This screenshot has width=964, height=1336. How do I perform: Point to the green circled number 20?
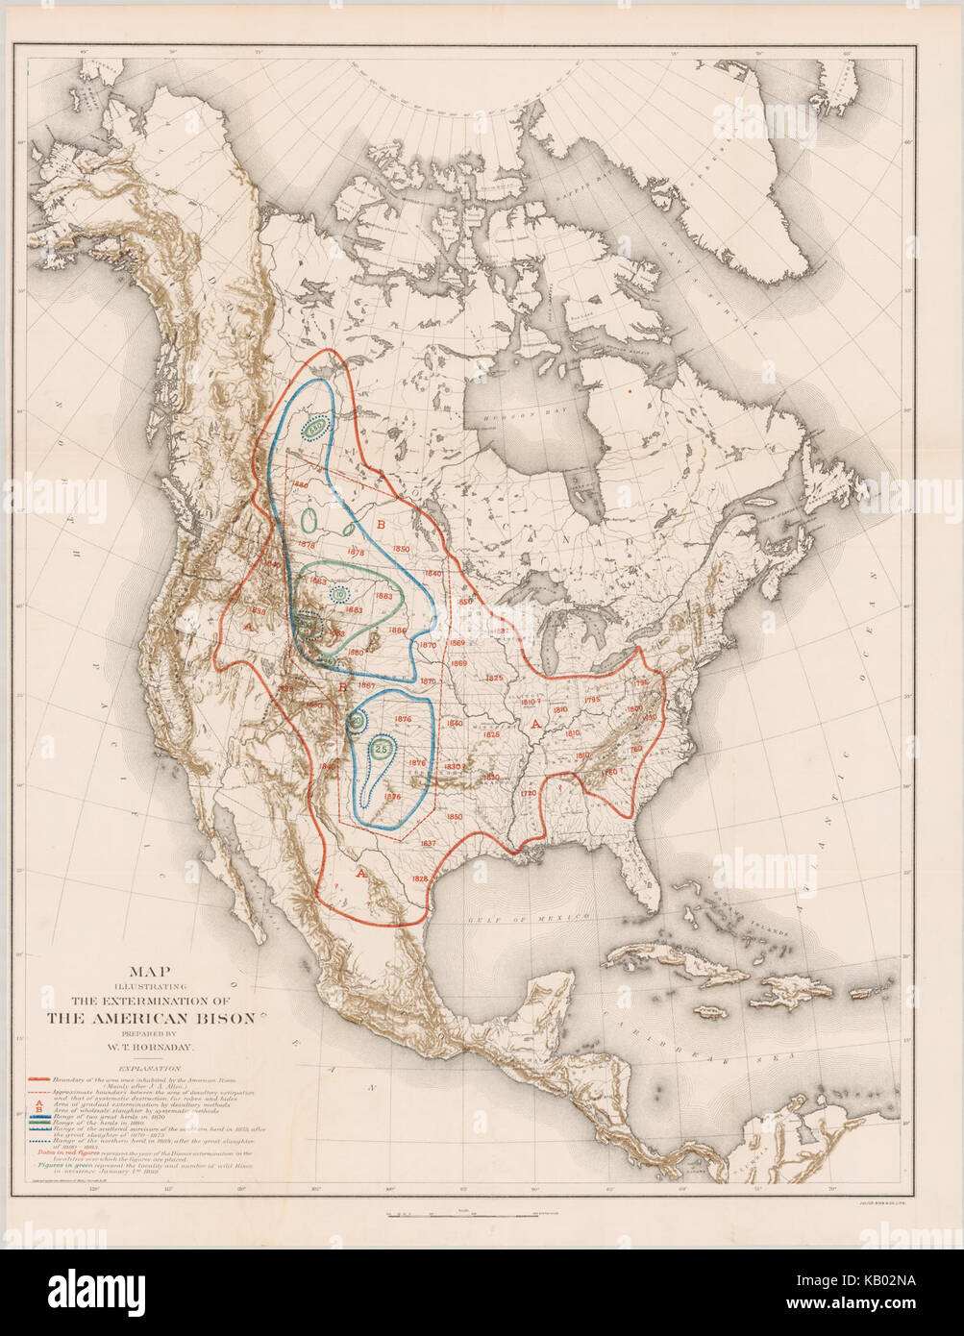[357, 721]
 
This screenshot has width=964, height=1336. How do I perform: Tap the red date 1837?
[429, 843]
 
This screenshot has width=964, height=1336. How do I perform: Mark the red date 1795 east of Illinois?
[591, 700]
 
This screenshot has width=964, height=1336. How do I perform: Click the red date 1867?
[366, 685]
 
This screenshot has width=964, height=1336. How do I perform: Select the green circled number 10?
[340, 596]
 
